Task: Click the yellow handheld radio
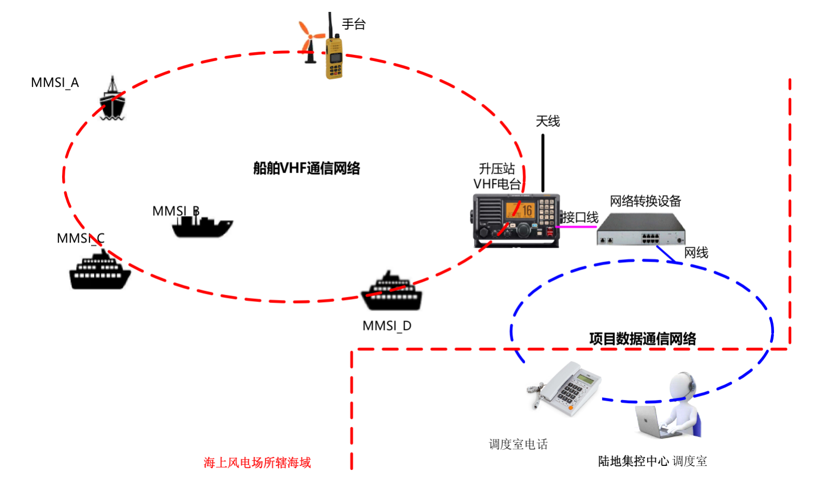point(334,58)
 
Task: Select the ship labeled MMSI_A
point(112,101)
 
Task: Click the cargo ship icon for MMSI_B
point(202,226)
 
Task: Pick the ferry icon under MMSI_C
point(99,271)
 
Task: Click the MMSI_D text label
point(386,326)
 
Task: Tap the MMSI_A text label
point(55,83)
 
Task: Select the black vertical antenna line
point(543,163)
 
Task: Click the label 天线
point(547,122)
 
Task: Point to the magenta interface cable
point(576,226)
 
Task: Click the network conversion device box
point(641,230)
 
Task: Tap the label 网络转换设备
point(645,201)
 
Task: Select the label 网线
point(696,253)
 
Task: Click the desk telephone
point(567,388)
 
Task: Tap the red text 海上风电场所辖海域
point(257,463)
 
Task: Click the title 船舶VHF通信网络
point(306,169)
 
